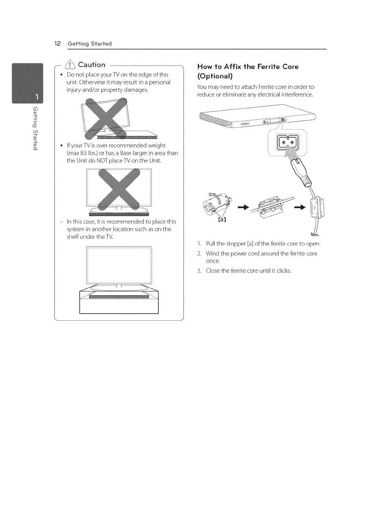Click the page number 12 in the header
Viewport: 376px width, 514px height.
tap(57, 44)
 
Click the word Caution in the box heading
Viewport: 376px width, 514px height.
tap(92, 65)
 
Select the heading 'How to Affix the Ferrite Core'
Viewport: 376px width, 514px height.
tap(248, 67)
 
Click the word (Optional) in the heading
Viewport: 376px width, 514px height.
tap(215, 76)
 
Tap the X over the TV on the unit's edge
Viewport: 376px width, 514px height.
tap(107, 118)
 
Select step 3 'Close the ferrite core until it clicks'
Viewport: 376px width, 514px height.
tap(248, 271)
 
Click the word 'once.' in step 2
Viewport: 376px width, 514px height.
tap(213, 261)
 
